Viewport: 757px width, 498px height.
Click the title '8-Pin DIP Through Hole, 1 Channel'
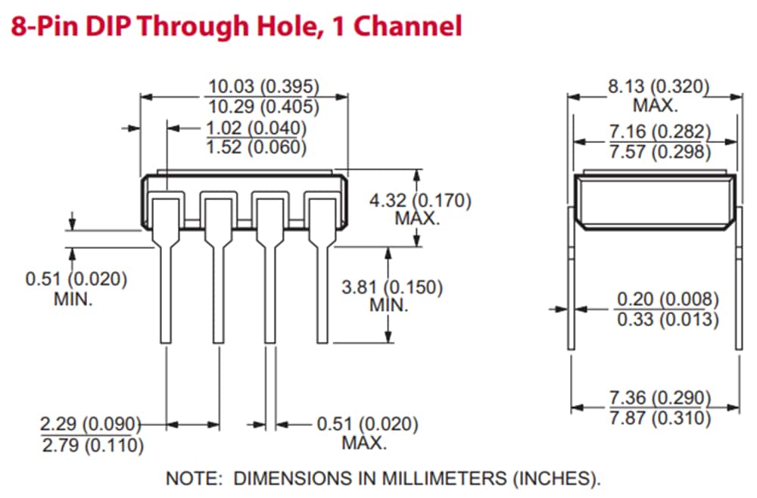(x=235, y=26)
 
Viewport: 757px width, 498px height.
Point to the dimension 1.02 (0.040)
(x=256, y=127)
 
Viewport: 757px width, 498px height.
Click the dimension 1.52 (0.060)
(x=256, y=147)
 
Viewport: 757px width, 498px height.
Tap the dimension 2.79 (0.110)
(x=92, y=445)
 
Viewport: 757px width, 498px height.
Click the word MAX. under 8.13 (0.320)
(x=656, y=105)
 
